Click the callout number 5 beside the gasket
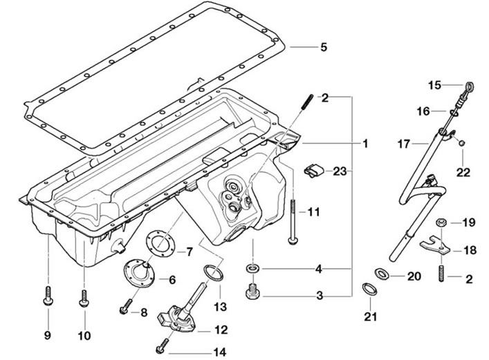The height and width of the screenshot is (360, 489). pos(324,47)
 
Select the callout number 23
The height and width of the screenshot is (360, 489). pos(340,171)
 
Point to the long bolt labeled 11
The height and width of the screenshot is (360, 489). pos(293,222)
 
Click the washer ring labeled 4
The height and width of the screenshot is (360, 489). pos(252,267)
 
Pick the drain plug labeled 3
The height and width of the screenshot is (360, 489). pos(253,292)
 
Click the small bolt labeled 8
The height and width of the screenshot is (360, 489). pos(126,306)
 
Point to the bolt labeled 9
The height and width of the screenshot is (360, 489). pos(48,296)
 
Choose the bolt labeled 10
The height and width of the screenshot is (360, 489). pos(84,299)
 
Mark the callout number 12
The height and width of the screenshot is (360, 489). pos(221,330)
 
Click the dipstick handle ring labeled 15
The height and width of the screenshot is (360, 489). pos(470,85)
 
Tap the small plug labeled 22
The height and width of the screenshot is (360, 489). pos(463,143)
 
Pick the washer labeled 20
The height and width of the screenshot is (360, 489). pos(381,274)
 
